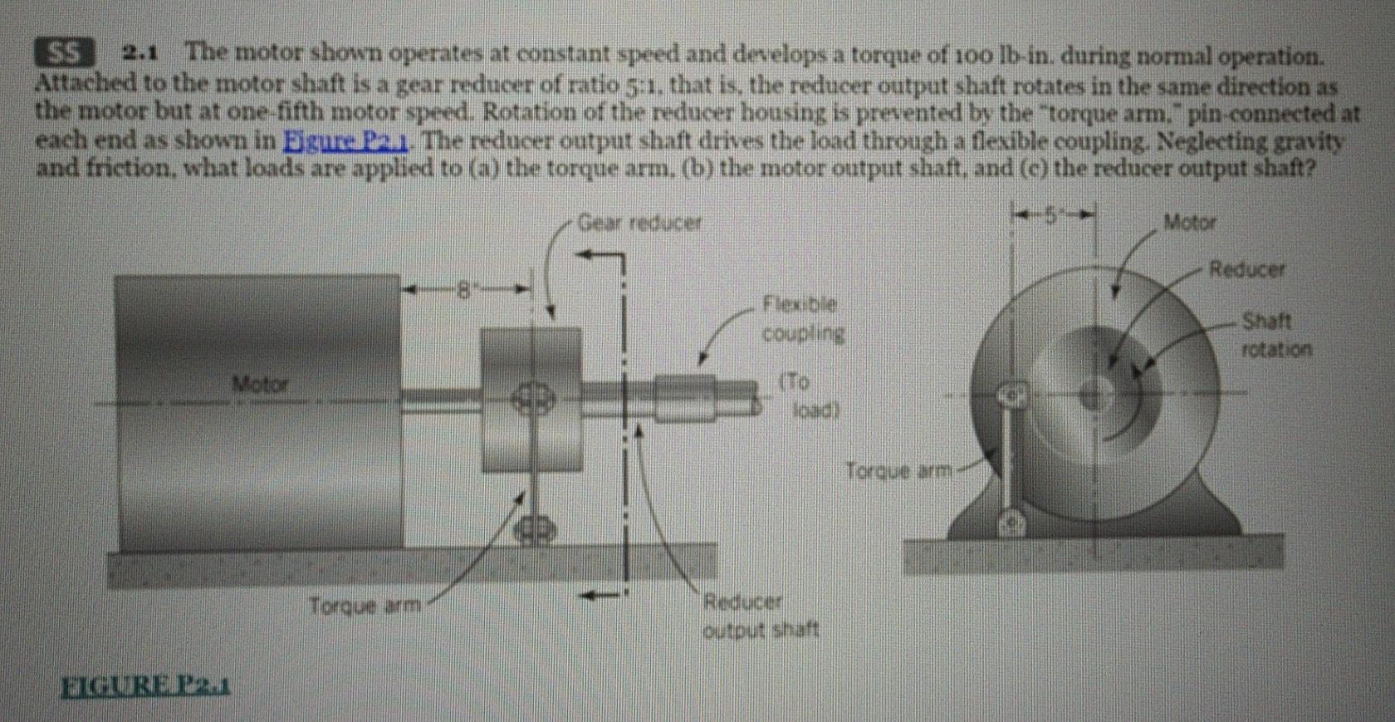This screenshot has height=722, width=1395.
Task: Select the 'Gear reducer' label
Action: pos(639,223)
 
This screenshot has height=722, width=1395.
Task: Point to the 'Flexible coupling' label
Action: pos(801,319)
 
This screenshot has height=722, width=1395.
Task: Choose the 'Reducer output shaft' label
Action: pos(760,616)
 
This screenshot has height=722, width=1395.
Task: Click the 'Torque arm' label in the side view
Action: pos(365,606)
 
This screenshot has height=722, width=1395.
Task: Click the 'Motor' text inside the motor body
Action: pos(260,384)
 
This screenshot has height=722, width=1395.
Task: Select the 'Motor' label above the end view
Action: pos(1189,222)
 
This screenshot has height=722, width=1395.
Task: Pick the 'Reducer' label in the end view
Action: pos(1246,269)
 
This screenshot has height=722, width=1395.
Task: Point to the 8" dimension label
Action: pos(467,290)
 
